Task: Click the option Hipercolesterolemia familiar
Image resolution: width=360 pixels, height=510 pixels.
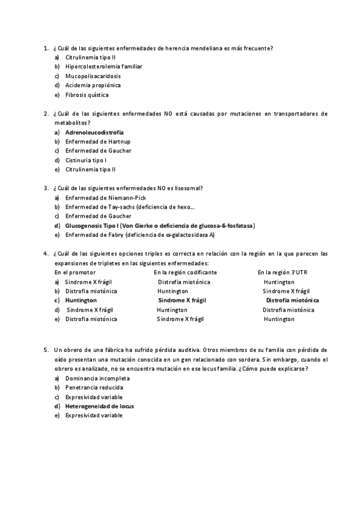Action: [103, 66]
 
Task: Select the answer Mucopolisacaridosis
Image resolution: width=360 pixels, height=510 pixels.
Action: [93, 76]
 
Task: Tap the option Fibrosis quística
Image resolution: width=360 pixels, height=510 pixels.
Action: [87, 94]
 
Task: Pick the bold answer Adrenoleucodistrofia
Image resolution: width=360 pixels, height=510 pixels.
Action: [99, 132]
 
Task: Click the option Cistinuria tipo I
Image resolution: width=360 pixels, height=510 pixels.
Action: [86, 160]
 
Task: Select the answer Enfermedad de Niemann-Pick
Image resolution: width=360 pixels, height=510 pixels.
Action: [105, 197]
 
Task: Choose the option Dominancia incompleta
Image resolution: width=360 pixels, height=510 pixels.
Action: [97, 378]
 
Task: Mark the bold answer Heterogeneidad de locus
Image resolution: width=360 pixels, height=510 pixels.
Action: [99, 406]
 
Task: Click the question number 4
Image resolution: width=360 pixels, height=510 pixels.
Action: [46, 253]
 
